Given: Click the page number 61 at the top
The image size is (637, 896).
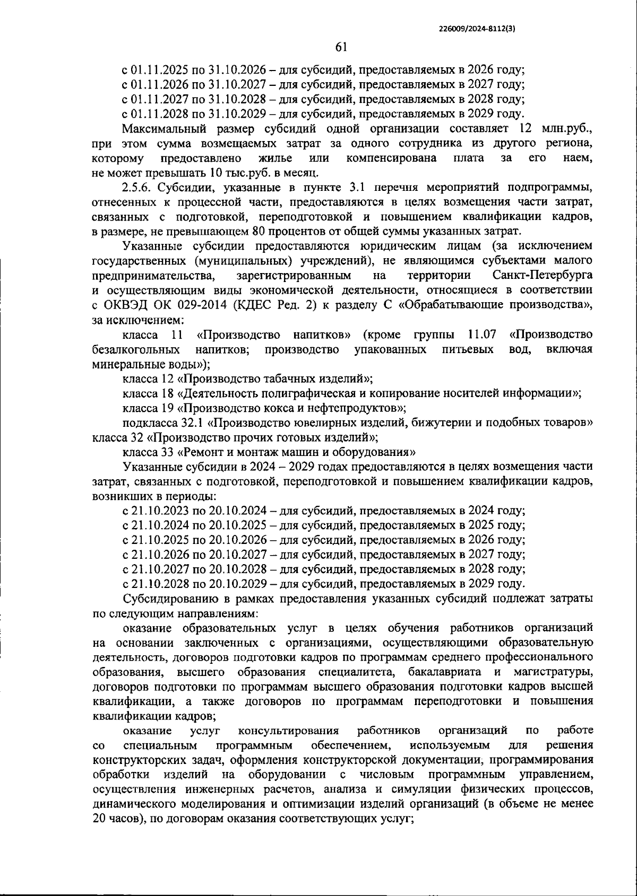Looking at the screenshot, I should [x=341, y=48].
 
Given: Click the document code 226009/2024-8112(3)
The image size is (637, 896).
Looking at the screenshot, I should [x=477, y=30].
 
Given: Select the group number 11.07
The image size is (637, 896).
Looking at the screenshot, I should [x=482, y=335].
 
